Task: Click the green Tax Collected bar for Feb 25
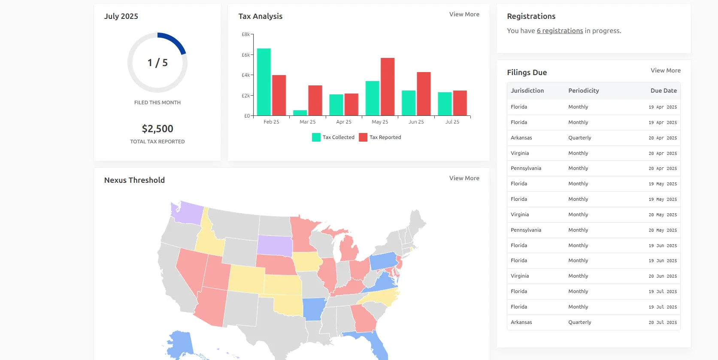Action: click(x=264, y=82)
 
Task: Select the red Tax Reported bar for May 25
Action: click(x=387, y=87)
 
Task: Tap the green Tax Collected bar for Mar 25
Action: click(x=300, y=113)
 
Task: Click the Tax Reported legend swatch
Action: click(x=363, y=137)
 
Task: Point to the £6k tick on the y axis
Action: click(x=245, y=55)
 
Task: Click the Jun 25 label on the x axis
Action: click(x=416, y=122)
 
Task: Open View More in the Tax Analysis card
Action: click(x=464, y=14)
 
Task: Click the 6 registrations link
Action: click(x=560, y=31)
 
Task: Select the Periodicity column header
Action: click(x=583, y=91)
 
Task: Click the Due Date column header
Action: click(x=663, y=91)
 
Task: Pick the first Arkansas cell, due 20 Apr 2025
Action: click(x=521, y=138)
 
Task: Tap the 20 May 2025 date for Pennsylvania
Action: click(x=662, y=230)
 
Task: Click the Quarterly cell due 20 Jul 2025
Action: click(x=579, y=322)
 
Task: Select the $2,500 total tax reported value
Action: click(x=158, y=129)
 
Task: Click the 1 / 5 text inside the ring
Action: click(x=158, y=63)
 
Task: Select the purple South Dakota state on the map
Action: click(x=275, y=245)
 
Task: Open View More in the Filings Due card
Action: click(x=665, y=70)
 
